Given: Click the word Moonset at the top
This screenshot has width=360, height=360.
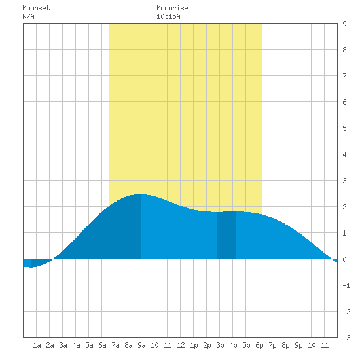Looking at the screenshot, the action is click(36, 8).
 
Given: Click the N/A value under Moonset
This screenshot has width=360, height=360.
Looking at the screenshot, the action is click(28, 16).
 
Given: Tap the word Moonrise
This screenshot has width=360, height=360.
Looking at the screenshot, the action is click(172, 8).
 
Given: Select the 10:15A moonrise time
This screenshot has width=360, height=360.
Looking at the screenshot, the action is click(168, 16).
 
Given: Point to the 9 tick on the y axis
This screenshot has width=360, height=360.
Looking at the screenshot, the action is click(344, 24).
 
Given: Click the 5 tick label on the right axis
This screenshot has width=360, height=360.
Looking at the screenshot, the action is click(344, 128).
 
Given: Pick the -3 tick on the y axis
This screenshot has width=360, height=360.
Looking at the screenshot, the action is click(346, 338).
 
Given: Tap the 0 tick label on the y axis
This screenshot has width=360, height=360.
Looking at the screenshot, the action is click(344, 259).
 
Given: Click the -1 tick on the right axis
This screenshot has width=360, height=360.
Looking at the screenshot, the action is click(346, 285).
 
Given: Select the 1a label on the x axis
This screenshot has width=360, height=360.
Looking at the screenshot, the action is click(37, 345).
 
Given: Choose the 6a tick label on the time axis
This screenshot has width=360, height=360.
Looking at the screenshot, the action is click(102, 345).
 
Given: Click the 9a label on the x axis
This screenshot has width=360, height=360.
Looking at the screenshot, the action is click(141, 345).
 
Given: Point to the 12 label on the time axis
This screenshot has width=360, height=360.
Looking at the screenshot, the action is click(181, 345).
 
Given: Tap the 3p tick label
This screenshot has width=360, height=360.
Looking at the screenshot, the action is click(220, 345).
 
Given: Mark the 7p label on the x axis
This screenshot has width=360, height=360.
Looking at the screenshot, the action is click(272, 345).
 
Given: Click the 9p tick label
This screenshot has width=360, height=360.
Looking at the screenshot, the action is click(298, 345).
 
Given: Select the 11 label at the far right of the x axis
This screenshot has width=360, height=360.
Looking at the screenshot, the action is click(325, 345).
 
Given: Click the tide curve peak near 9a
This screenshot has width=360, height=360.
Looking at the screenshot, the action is click(141, 194).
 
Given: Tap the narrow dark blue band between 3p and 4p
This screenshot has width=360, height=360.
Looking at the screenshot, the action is click(226, 235).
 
